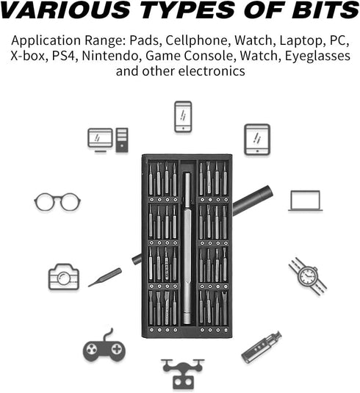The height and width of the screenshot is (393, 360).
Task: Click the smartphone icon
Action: (183, 117)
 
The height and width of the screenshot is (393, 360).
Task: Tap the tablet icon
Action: (257, 140)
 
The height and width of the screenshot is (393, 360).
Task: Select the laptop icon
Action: (306, 201)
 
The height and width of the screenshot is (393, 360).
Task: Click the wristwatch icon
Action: (308, 276)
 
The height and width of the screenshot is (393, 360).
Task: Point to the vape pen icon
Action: (262, 347)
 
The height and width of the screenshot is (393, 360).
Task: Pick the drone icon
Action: (183, 373)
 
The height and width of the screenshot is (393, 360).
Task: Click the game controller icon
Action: (104, 347)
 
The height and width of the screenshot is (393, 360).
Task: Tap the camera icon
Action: (64, 277)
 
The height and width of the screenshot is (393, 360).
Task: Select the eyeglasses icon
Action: (57, 202)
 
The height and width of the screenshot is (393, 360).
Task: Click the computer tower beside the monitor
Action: (122, 140)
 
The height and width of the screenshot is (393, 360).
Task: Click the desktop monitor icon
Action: (100, 140)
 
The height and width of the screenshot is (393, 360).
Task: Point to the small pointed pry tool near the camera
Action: (105, 277)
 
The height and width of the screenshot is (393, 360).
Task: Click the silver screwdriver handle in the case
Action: (187, 248)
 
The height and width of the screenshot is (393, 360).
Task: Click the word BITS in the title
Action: (325, 10)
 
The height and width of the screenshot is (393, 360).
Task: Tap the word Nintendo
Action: (110, 56)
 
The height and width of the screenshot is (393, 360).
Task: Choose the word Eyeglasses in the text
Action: (317, 56)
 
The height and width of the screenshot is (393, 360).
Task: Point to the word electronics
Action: (212, 71)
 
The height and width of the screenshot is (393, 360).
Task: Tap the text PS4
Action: (64, 56)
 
